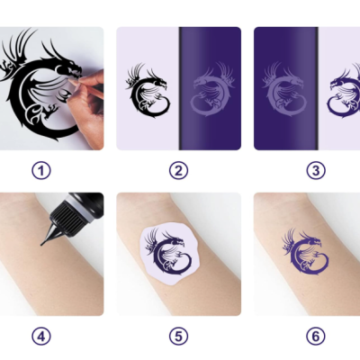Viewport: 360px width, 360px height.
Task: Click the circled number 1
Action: (x=41, y=169)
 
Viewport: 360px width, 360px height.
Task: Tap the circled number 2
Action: (x=178, y=169)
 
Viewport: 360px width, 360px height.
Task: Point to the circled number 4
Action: (x=41, y=337)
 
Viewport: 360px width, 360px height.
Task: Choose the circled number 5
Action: (x=178, y=337)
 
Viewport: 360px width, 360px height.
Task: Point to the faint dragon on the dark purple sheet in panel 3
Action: (x=283, y=90)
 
